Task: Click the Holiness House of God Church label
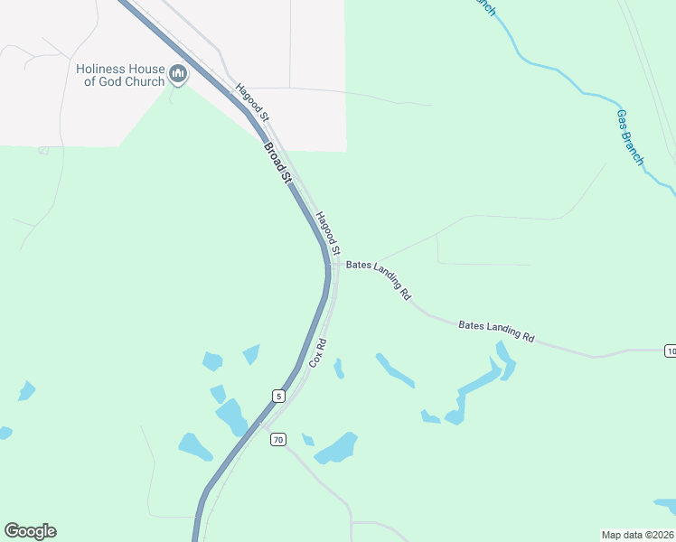(120, 75)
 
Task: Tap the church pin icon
(178, 75)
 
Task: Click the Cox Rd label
(317, 352)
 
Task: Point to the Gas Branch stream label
(630, 137)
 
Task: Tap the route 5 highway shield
(278, 396)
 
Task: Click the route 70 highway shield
(278, 440)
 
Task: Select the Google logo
(30, 531)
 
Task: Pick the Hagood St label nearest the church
(252, 102)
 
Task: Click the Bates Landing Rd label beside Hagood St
(380, 279)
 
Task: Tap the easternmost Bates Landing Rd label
(496, 332)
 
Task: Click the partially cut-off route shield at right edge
(670, 350)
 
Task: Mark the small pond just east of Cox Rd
(339, 369)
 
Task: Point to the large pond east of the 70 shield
(336, 447)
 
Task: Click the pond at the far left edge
(5, 433)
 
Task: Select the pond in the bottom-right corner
(665, 503)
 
